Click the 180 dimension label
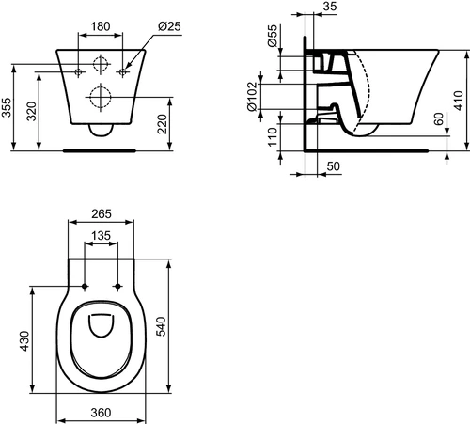click(x=101, y=26)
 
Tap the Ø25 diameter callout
click(x=169, y=26)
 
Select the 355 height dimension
click(x=7, y=107)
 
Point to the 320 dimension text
click(x=31, y=111)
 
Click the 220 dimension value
click(x=163, y=124)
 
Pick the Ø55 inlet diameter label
click(x=273, y=36)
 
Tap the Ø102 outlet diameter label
click(x=253, y=97)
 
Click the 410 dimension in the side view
click(x=458, y=101)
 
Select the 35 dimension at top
click(x=330, y=6)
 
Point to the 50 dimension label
click(x=333, y=166)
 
